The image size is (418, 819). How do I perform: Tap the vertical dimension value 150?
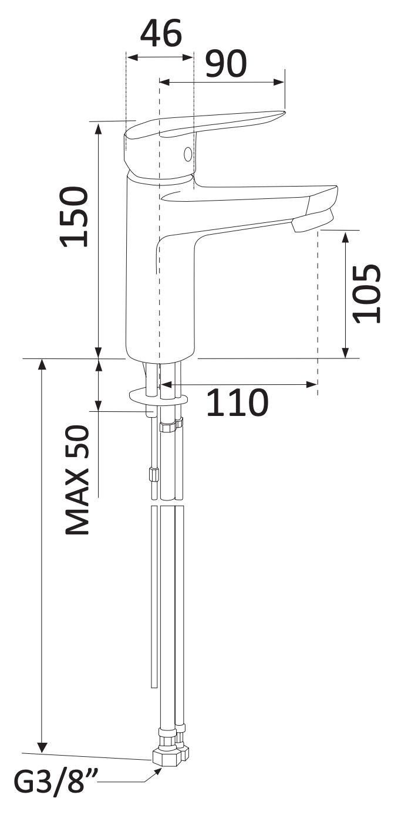point(75,217)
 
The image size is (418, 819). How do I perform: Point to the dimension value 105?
point(367,293)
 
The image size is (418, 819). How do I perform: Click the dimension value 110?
point(237,402)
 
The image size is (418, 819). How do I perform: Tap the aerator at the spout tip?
point(312,221)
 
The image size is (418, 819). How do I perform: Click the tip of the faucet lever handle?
point(284,113)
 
